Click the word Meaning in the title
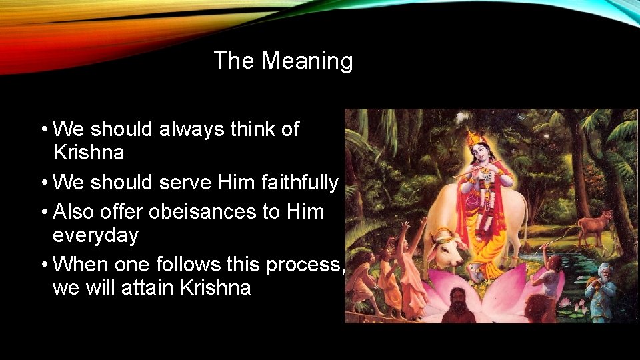(x=307, y=61)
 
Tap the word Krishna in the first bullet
(x=88, y=153)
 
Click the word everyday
(x=95, y=235)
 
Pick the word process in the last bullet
(x=303, y=265)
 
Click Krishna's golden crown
(x=474, y=139)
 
